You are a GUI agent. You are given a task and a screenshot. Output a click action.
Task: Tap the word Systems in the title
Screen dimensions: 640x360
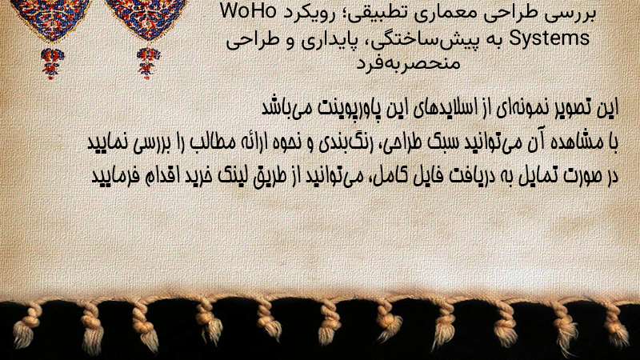(x=550, y=38)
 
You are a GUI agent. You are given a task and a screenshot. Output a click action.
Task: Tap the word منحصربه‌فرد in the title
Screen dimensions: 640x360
(x=409, y=63)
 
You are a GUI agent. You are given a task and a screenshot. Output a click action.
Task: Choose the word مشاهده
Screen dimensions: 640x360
(x=578, y=142)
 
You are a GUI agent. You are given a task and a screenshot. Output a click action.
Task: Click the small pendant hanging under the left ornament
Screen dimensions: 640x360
(x=51, y=63)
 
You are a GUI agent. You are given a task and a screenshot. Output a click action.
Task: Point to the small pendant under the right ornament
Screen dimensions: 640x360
(x=148, y=63)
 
